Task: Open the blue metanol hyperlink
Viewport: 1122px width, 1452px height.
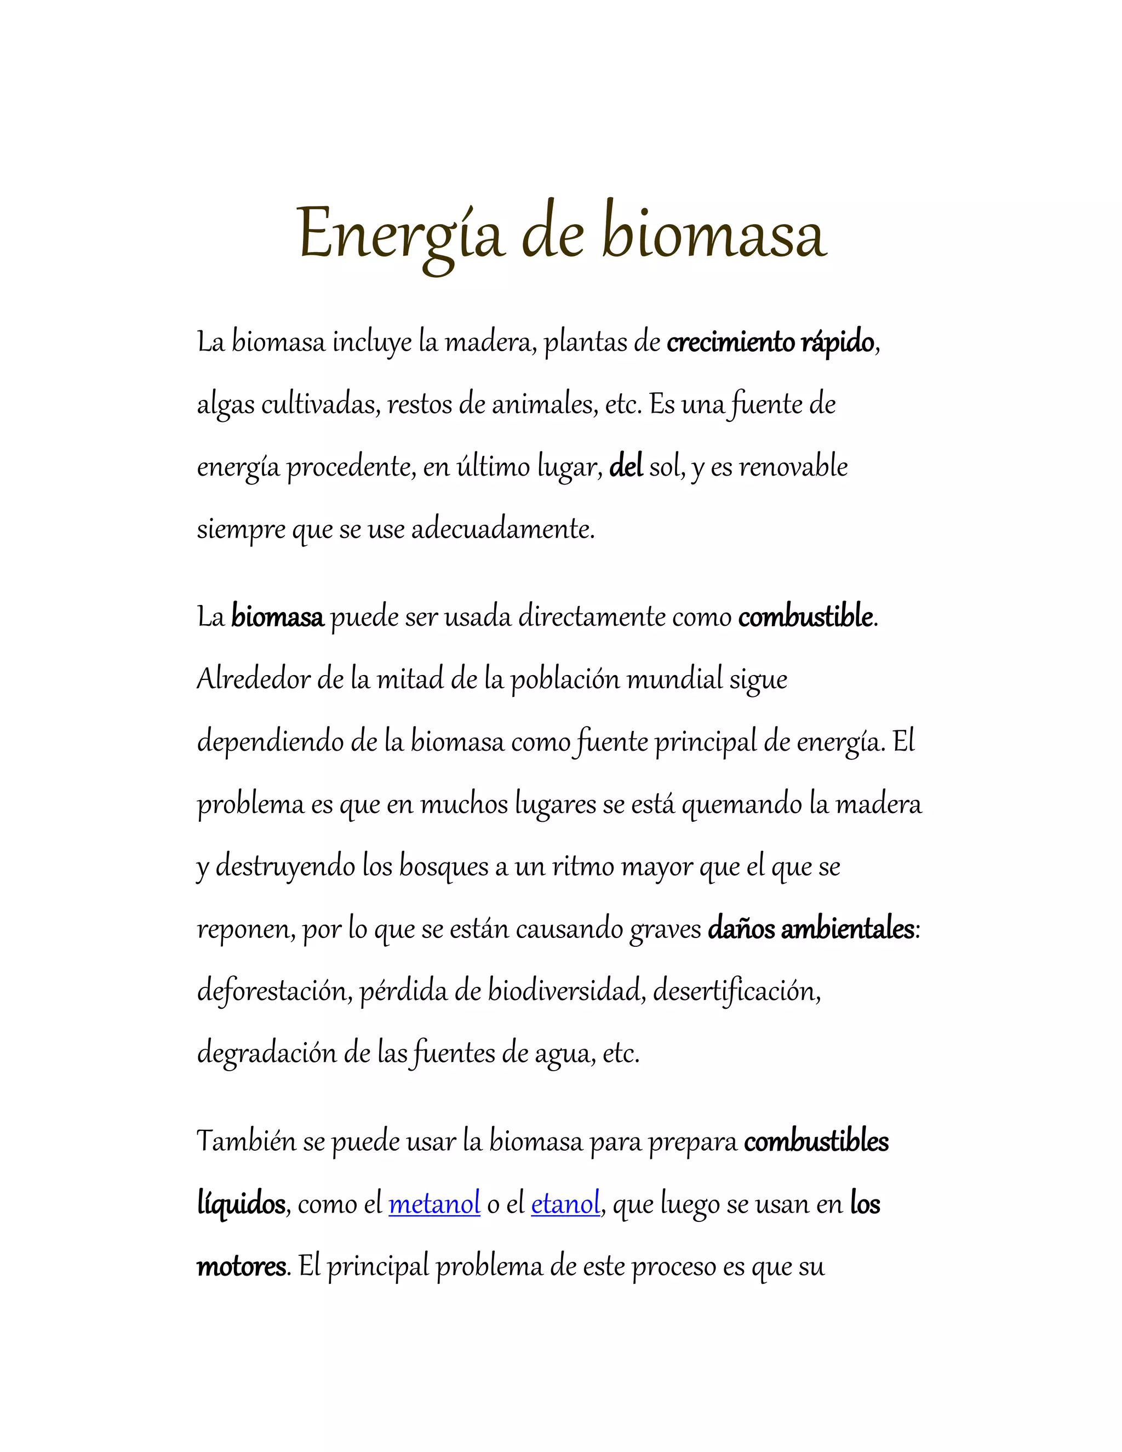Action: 434,1204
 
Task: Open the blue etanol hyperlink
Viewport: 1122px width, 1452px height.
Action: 565,1204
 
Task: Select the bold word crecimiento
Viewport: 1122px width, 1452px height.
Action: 730,342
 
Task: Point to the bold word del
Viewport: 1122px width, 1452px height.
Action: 626,467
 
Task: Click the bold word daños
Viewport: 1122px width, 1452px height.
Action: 741,929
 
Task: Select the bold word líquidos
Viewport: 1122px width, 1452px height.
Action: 241,1204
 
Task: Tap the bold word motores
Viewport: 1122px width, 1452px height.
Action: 241,1266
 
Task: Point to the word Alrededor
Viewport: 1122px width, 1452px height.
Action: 253,679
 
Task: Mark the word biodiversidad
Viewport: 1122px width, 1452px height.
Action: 566,991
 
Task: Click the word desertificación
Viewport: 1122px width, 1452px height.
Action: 736,991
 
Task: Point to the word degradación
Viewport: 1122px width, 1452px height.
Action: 267,1053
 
